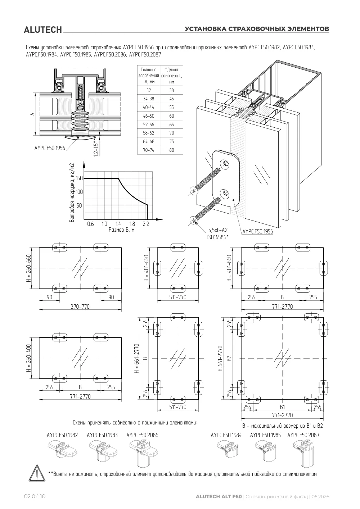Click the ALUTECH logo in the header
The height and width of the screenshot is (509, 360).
(x=43, y=30)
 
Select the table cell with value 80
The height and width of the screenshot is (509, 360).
(x=171, y=150)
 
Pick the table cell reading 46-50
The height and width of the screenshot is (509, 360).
(x=149, y=116)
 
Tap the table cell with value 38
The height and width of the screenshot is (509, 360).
(x=171, y=90)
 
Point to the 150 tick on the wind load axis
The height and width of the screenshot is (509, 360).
(x=79, y=178)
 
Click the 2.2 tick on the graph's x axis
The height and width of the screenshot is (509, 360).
(x=146, y=224)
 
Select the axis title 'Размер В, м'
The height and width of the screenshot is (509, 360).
(x=121, y=230)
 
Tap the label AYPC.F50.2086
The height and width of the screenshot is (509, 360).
(x=142, y=435)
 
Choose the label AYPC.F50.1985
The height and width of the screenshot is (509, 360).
(x=265, y=435)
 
